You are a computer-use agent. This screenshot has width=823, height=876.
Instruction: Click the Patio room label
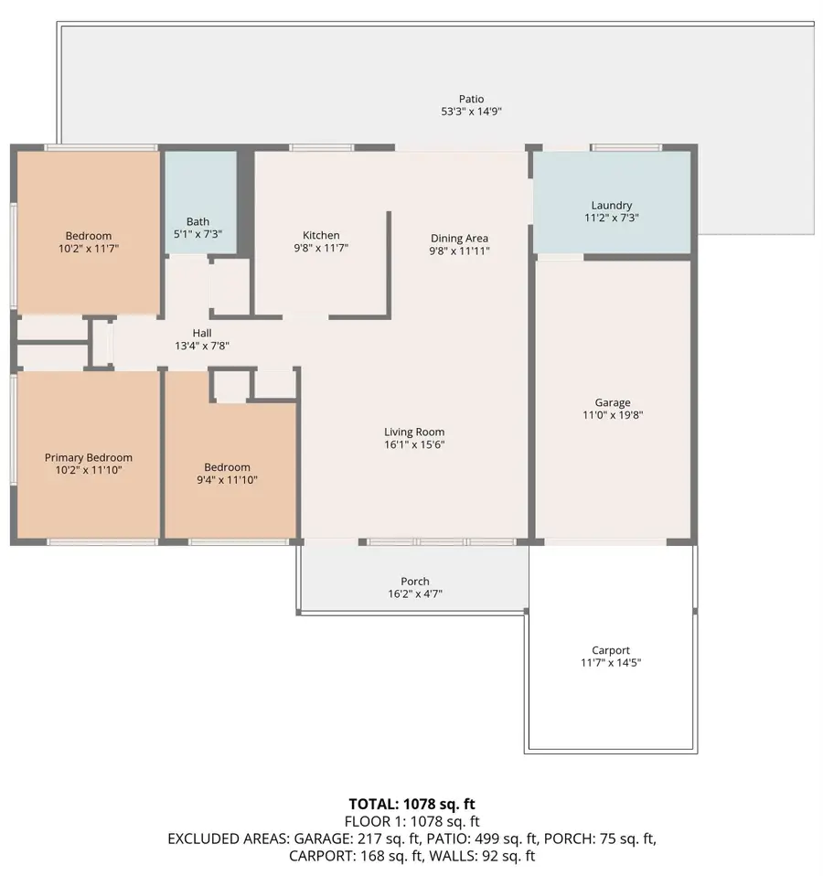click(471, 99)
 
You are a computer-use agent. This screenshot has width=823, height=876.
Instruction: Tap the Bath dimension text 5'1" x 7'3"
click(198, 234)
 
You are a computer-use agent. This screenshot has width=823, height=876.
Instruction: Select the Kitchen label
click(321, 235)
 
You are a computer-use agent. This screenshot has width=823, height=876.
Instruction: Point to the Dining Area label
click(459, 239)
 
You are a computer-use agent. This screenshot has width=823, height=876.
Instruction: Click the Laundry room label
click(612, 206)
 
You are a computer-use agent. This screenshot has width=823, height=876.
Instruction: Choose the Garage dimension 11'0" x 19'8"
click(613, 415)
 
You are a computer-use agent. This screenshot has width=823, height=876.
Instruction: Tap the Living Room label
click(414, 432)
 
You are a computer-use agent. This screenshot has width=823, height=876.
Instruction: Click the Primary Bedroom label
click(89, 457)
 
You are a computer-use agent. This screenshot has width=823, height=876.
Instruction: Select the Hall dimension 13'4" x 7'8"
click(202, 346)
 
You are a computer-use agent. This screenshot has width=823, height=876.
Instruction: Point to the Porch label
click(415, 582)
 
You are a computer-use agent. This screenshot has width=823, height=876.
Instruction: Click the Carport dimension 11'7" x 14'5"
click(611, 663)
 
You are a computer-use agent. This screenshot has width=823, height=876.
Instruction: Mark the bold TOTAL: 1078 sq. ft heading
click(411, 804)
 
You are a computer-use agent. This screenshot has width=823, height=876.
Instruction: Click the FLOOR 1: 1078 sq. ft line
click(411, 821)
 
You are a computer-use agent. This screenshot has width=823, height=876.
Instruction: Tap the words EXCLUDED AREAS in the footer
click(229, 839)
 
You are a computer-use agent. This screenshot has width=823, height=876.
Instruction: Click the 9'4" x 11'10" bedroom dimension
click(227, 480)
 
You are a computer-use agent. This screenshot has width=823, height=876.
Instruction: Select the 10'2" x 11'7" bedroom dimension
click(89, 249)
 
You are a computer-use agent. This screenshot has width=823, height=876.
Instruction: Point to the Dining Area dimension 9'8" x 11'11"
click(459, 251)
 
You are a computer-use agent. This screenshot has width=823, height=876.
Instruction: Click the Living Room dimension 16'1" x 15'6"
click(414, 444)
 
